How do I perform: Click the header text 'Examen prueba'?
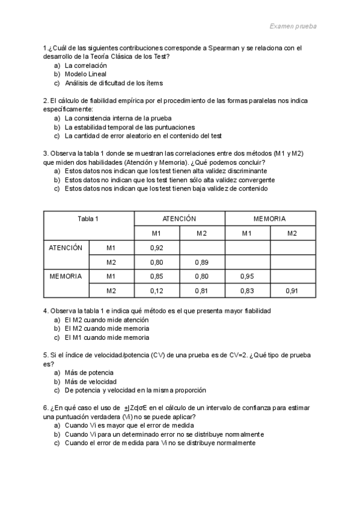(293, 26)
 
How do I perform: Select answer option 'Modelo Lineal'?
(85, 74)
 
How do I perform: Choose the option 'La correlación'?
(85, 65)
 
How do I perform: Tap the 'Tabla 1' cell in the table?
(88, 218)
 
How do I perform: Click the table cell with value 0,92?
(156, 248)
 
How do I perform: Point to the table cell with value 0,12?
(156, 291)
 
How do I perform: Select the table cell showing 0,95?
(247, 277)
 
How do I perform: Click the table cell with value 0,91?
(292, 291)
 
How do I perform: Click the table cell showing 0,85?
(156, 277)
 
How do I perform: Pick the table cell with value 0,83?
(247, 291)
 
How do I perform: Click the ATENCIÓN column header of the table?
(179, 218)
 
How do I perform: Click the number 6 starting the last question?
(46, 408)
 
